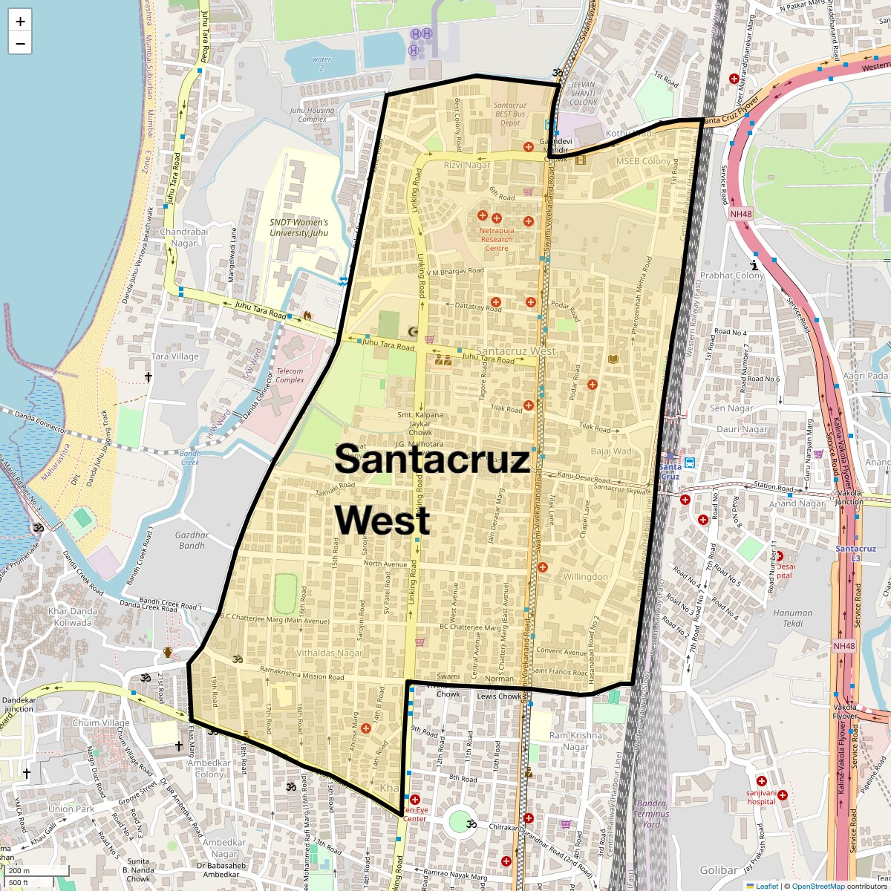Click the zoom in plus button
tap(20, 22)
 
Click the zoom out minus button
tap(20, 44)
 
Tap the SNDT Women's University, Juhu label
tap(298, 227)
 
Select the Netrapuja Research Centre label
tap(497, 239)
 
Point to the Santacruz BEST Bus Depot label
tap(509, 114)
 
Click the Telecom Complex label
tap(290, 375)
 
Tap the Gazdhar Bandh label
tap(192, 540)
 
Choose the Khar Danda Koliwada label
tap(73, 617)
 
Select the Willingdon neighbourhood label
tap(585, 577)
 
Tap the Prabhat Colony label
tap(731, 275)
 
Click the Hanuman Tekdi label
tap(792, 618)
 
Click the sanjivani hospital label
tap(761, 797)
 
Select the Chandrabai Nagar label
tap(184, 237)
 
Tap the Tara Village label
tap(175, 356)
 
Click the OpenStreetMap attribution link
tap(817, 886)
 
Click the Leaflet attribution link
tap(767, 886)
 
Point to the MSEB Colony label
tap(643, 161)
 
